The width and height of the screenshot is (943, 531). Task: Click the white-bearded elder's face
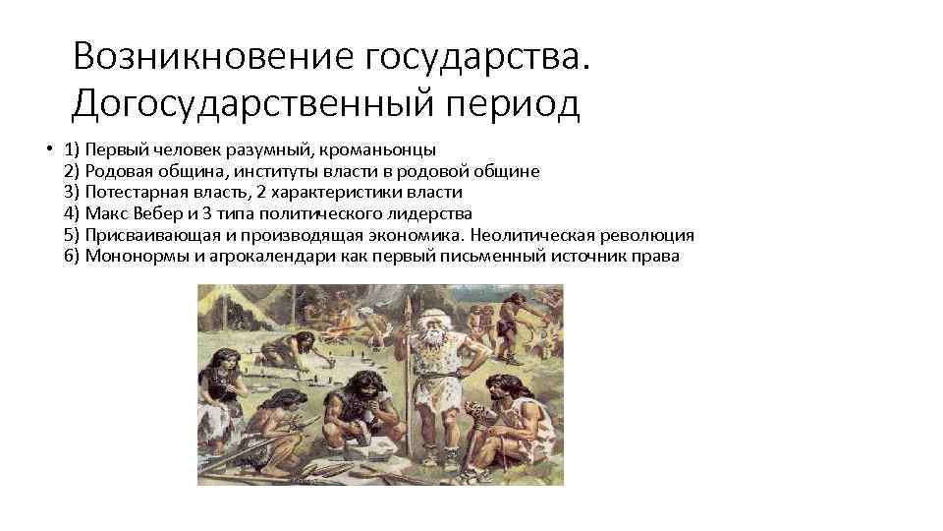point(429,332)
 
